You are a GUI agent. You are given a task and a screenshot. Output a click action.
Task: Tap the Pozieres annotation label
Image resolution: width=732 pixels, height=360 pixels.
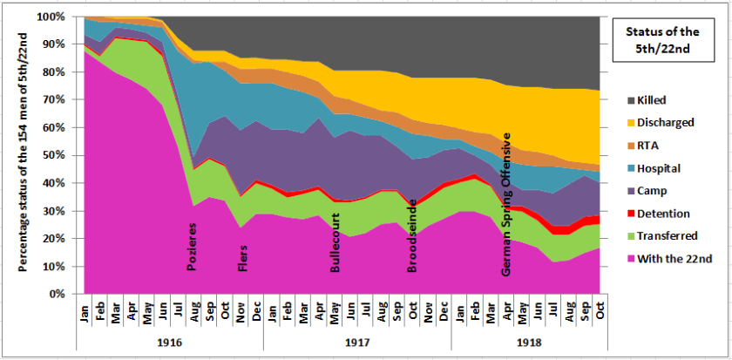[x=193, y=247]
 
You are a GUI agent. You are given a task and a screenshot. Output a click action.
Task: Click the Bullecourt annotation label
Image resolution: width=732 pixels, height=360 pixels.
[x=335, y=241]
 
